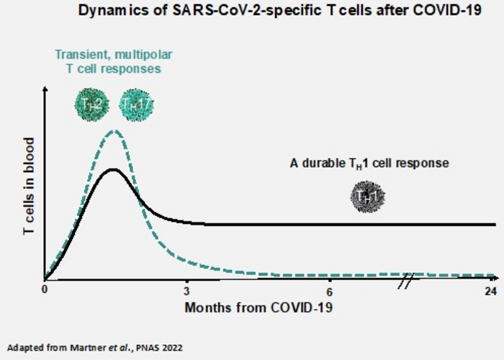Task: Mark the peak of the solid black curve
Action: click(112, 169)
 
